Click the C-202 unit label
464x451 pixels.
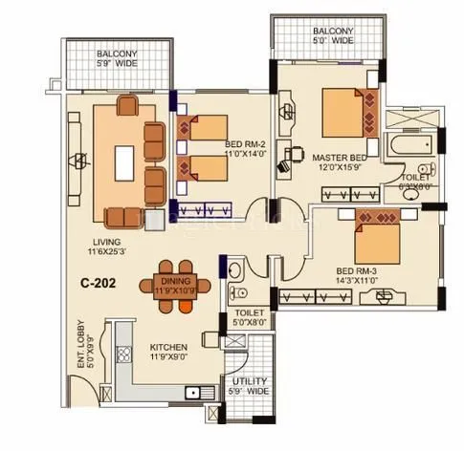(99, 284)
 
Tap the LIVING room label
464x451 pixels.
(99, 241)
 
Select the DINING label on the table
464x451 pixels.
(177, 281)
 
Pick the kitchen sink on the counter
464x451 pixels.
(199, 392)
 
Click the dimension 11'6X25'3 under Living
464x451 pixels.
(99, 252)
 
